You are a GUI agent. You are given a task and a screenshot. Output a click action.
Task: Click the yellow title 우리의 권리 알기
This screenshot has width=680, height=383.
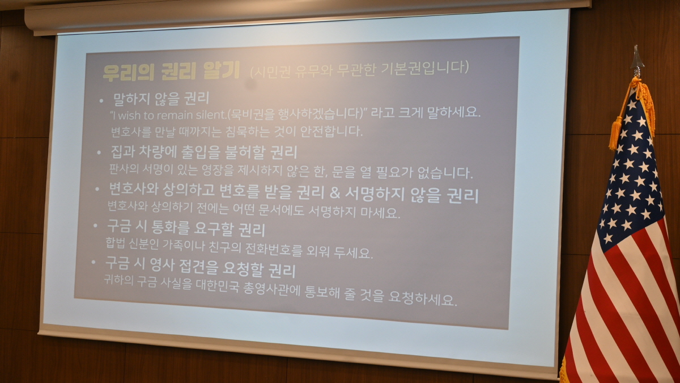point(172,71)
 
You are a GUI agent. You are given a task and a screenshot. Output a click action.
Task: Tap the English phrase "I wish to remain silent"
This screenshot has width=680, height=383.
point(168,115)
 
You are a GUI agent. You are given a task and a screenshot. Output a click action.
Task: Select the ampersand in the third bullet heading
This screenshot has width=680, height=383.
point(334,193)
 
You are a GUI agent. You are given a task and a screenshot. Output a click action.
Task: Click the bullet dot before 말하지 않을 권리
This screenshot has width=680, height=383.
point(101,100)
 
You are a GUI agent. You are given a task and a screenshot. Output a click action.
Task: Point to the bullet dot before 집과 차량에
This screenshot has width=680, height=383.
point(99,152)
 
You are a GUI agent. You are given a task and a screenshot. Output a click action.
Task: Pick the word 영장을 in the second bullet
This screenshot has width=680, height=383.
point(218,171)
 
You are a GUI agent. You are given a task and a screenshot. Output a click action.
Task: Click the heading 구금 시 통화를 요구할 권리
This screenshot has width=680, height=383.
point(186,229)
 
